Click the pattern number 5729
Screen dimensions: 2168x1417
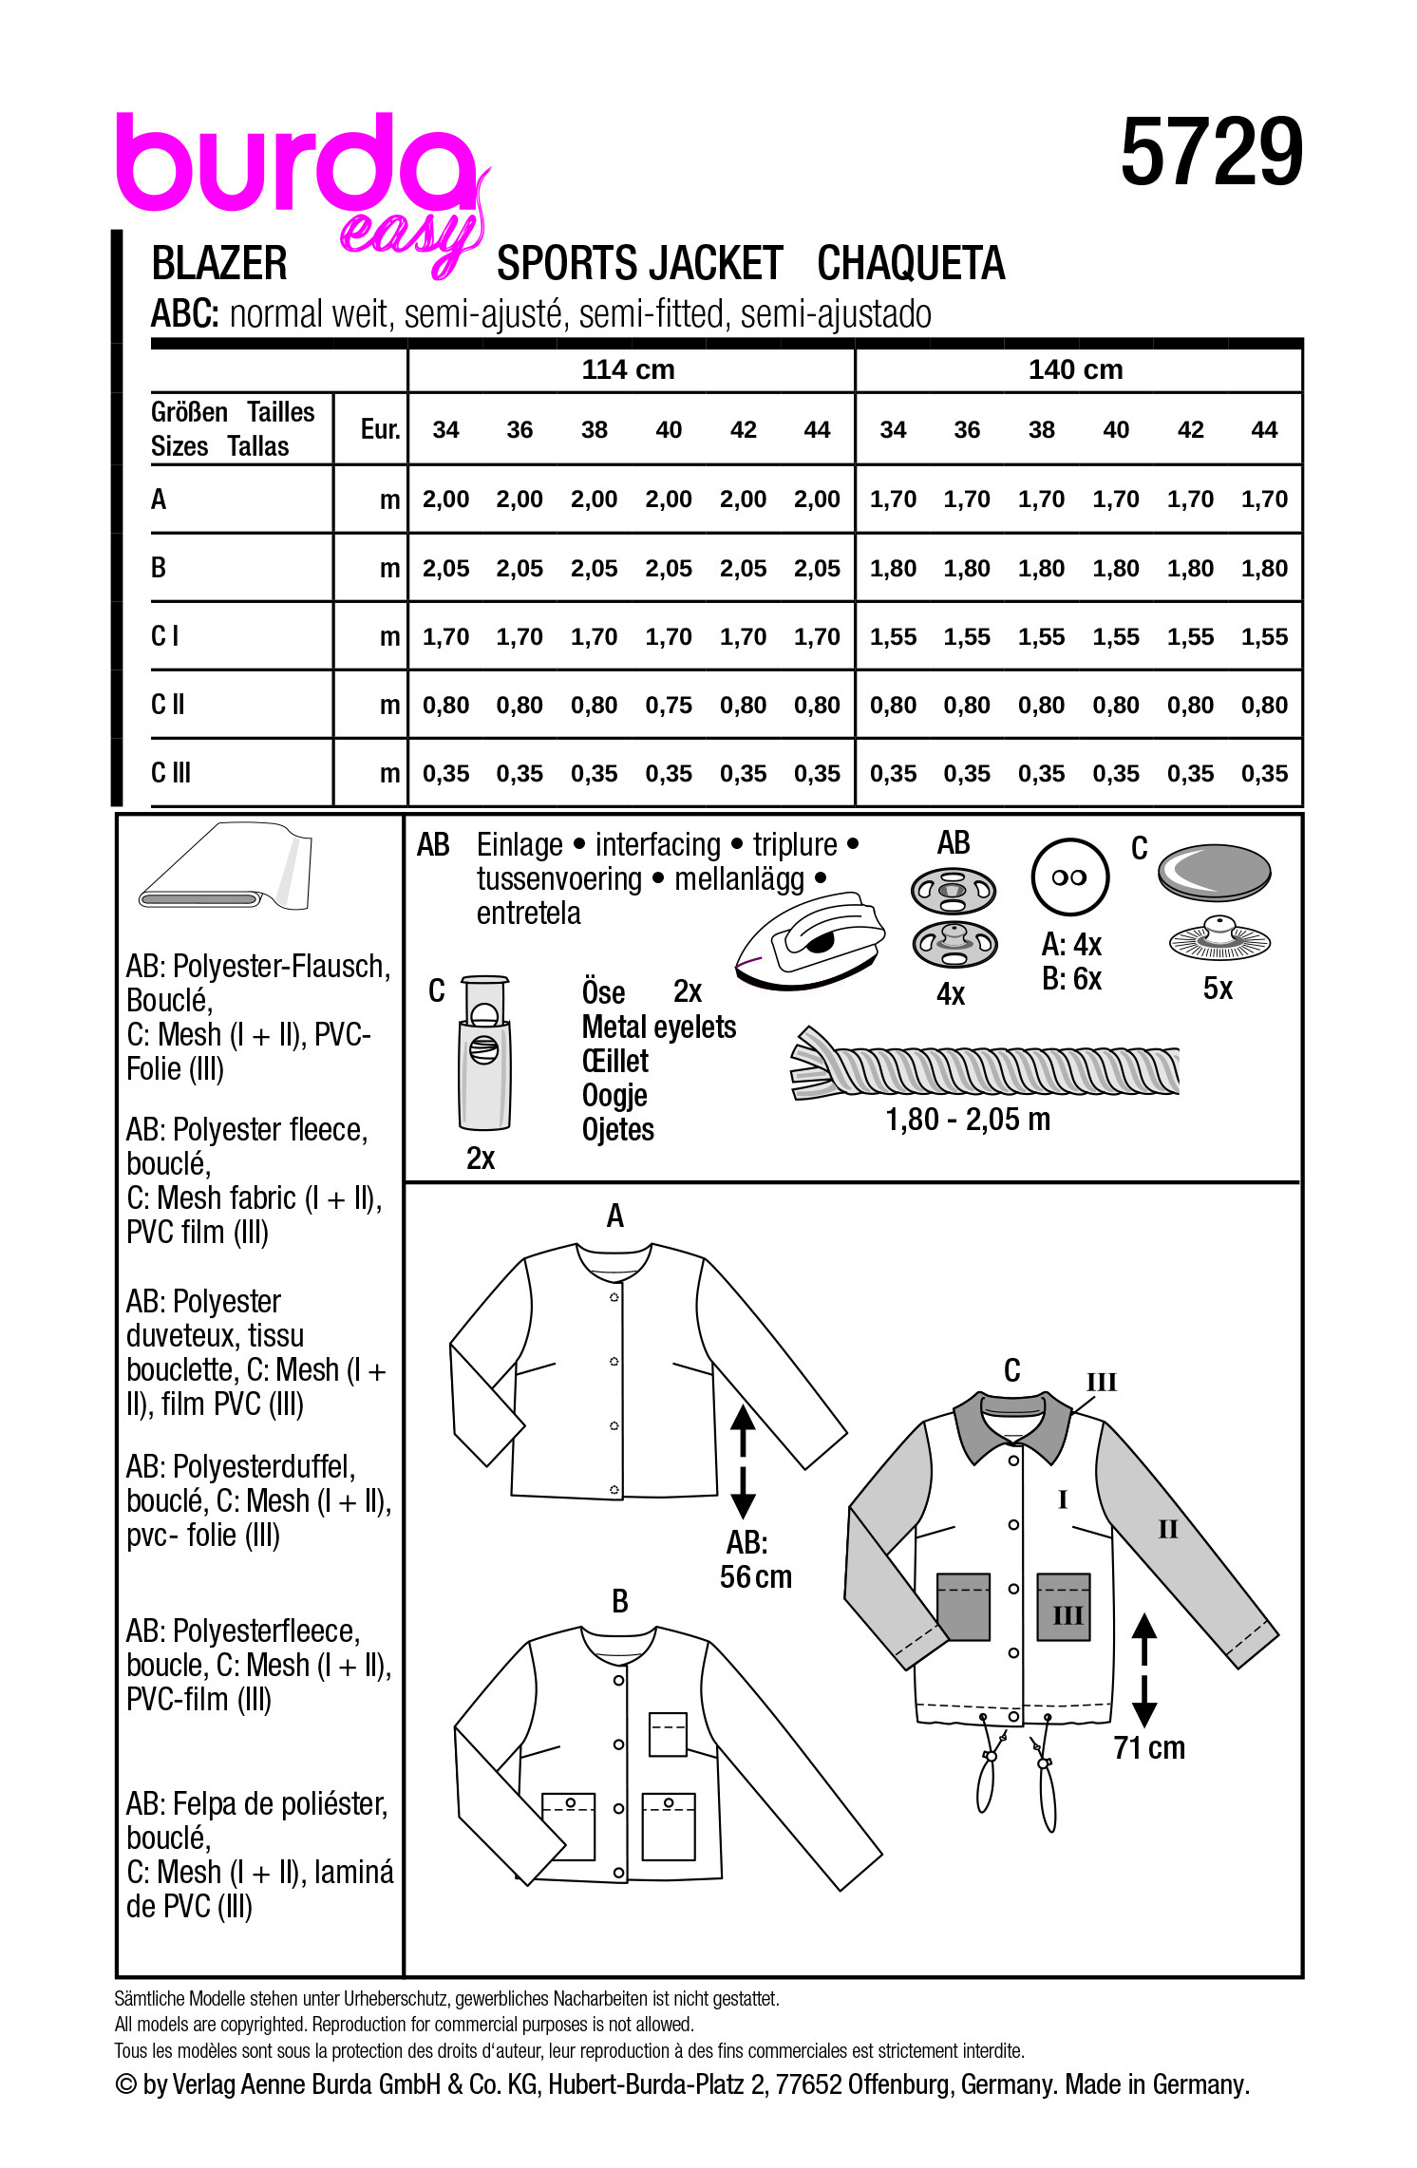pos(1211,153)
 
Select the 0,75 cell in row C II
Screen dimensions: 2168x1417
pos(669,706)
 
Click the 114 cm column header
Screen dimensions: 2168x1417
pos(628,369)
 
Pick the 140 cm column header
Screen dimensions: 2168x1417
pos(1075,369)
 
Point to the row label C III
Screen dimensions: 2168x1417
pos(171,773)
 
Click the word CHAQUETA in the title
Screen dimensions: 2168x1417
pos(910,264)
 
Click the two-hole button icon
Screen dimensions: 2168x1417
pos(1069,877)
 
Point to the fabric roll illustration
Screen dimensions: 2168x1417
pos(226,866)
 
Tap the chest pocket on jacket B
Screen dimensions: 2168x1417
pos(668,1733)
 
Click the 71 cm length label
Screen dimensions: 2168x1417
pos(1149,1747)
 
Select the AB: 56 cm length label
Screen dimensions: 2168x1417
pos(755,1559)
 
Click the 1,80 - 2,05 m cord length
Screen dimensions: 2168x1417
pos(968,1120)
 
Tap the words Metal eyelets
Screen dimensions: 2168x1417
pos(658,1027)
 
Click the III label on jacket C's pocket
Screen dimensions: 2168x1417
pos(1067,1614)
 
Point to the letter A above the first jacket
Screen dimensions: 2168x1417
pos(615,1216)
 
